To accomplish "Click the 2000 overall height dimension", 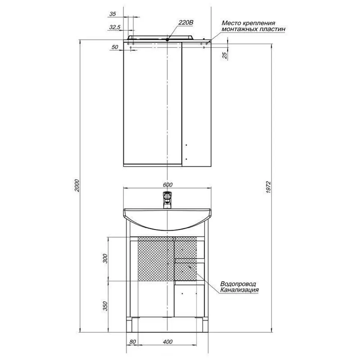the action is click(x=77, y=185).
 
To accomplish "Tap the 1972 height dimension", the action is click(x=269, y=187).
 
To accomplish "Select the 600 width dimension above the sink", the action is click(x=168, y=185).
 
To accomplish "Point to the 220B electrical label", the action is click(x=186, y=22).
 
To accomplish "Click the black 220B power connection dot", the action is click(x=167, y=40).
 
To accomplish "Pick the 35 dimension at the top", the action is click(x=112, y=14).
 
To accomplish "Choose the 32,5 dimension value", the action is click(x=114, y=27).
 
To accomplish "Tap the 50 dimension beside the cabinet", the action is click(x=114, y=47).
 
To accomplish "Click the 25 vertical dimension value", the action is click(x=225, y=55).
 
